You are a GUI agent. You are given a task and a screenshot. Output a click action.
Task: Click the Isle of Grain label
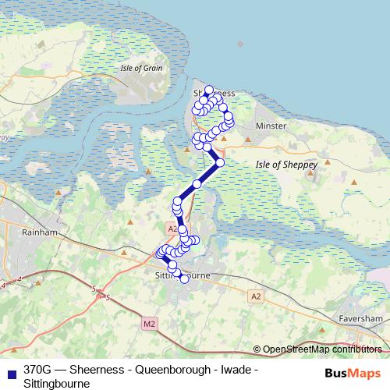[x=141, y=68]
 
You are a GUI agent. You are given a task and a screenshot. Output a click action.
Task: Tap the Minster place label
[x=271, y=126]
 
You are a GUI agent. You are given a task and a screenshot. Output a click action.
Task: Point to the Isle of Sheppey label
[x=286, y=165]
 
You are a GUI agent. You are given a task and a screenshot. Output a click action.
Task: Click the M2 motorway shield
[x=151, y=322]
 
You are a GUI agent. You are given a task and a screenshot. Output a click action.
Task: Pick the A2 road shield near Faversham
[x=256, y=296]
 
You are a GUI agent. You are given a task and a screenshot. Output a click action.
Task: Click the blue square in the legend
[x=9, y=370]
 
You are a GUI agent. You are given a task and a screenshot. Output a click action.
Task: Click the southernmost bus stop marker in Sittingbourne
[x=184, y=278]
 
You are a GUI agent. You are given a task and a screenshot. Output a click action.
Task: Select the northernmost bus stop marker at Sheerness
[x=209, y=90]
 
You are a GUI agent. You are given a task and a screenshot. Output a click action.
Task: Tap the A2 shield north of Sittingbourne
[x=172, y=228]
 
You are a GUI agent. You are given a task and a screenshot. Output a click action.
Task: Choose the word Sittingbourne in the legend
[x=57, y=384]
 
